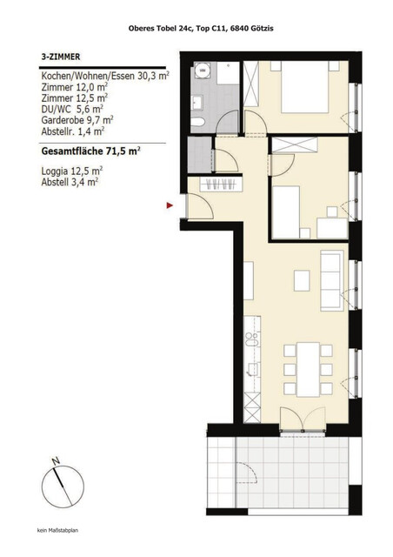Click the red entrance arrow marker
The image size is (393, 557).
170,205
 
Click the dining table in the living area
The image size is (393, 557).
307,363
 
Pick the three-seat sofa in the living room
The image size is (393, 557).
331,278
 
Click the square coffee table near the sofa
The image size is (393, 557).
302,280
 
